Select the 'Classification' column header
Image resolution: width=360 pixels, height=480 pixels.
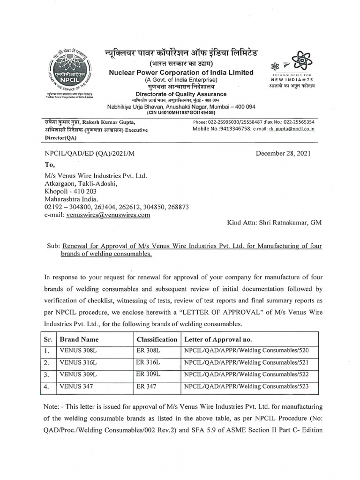157,339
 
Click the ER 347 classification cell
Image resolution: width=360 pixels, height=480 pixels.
146,387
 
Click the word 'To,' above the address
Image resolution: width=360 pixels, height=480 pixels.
50,165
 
